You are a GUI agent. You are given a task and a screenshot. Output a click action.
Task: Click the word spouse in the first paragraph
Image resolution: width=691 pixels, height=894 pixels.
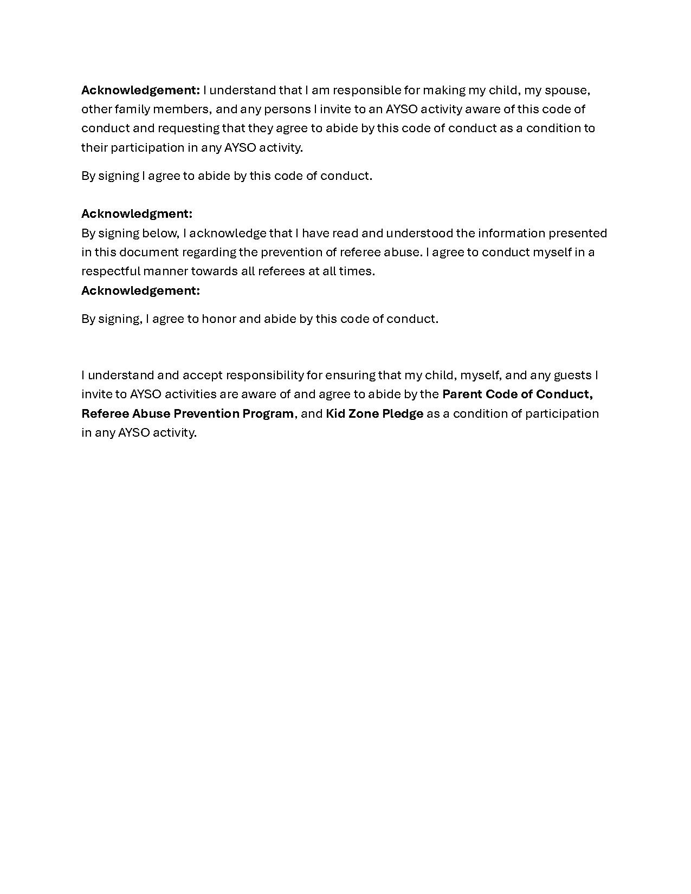(567, 90)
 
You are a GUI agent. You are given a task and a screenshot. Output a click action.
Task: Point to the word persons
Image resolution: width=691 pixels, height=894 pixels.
(287, 109)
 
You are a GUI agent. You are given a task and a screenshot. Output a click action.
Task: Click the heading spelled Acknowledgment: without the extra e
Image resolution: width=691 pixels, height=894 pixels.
(137, 213)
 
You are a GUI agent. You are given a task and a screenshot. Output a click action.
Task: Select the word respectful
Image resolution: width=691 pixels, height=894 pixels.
(111, 271)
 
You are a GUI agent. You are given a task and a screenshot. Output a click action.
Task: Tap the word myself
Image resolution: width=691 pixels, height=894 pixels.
(480, 375)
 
